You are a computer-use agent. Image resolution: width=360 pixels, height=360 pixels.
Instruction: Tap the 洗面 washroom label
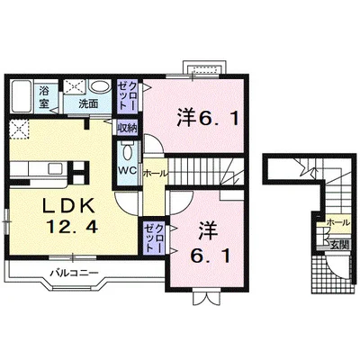coord(86,103)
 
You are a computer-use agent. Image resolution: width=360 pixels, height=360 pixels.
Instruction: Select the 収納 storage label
coord(125,127)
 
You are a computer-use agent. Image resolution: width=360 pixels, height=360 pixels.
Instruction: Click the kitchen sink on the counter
coord(36,168)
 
